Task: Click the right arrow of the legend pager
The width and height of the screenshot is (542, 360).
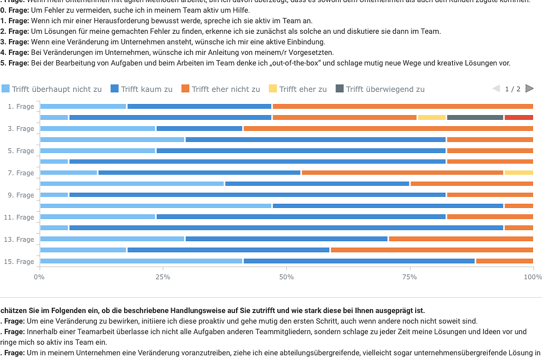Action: pyautogui.click(x=529, y=89)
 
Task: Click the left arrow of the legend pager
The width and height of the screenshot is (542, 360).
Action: pyautogui.click(x=496, y=89)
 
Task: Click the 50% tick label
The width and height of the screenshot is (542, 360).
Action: pyautogui.click(x=286, y=277)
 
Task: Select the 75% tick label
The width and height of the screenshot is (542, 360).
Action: pyautogui.click(x=409, y=277)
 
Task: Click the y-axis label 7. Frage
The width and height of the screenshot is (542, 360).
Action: pyautogui.click(x=21, y=173)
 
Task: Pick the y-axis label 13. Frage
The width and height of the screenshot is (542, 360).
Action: pyautogui.click(x=20, y=240)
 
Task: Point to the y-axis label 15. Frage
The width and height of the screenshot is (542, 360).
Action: pyautogui.click(x=20, y=262)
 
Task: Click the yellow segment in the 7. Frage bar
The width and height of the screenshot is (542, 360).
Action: pyautogui.click(x=518, y=173)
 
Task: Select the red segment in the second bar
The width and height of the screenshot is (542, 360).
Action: pyautogui.click(x=518, y=117)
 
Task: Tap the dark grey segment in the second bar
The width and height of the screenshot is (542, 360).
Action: pyautogui.click(x=475, y=117)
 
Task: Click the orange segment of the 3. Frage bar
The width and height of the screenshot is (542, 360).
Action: pyautogui.click(x=388, y=128)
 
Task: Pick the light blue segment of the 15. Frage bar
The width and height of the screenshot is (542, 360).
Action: pyautogui.click(x=141, y=261)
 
